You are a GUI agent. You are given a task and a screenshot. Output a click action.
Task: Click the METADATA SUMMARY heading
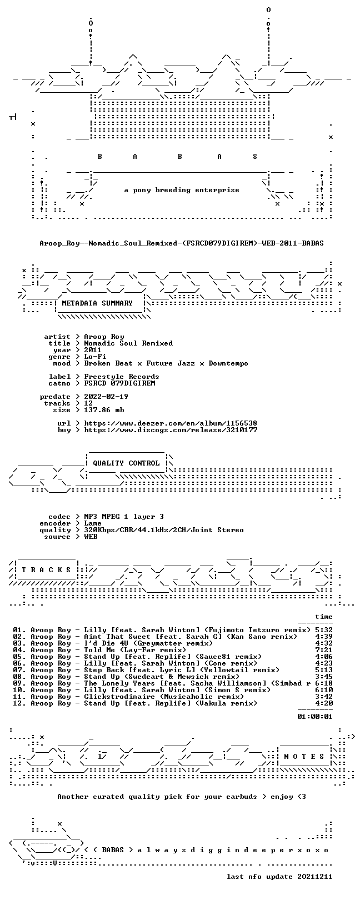pyautogui.click(x=97, y=303)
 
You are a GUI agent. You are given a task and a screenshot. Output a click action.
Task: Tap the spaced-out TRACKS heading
pyautogui.click(x=46, y=570)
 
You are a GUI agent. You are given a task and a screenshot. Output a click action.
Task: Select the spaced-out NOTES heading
pyautogui.click(x=304, y=757)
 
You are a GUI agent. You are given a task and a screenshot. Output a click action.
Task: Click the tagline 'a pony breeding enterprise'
pyautogui.click(x=182, y=190)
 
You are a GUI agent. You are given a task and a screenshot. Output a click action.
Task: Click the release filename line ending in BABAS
pyautogui.click(x=182, y=243)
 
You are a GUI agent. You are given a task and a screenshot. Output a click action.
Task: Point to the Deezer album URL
pyautogui.click(x=171, y=423)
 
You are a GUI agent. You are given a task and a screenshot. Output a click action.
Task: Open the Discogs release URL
pyautogui.click(x=171, y=430)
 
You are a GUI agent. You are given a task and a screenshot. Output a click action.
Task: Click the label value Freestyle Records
pyautogui.click(x=121, y=377)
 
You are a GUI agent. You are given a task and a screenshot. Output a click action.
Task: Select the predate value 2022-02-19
pyautogui.click(x=106, y=397)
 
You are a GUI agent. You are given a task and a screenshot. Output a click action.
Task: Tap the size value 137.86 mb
pyautogui.click(x=104, y=410)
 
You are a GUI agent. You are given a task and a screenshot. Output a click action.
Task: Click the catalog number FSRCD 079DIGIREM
pyautogui.click(x=119, y=383)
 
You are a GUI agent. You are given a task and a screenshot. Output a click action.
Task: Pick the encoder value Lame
pyautogui.click(x=93, y=523)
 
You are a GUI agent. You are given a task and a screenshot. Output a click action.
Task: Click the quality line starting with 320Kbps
pyautogui.click(x=163, y=530)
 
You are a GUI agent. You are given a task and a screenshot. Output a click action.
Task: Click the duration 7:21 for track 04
pyautogui.click(x=324, y=649)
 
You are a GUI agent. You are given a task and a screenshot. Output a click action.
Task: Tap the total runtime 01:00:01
pyautogui.click(x=315, y=716)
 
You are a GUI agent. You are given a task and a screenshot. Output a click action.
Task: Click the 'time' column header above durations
pyautogui.click(x=324, y=617)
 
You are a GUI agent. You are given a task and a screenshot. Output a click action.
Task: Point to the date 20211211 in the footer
pyautogui.click(x=315, y=876)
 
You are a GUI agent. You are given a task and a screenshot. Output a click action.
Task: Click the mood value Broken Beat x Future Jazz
pyautogui.click(x=139, y=363)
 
